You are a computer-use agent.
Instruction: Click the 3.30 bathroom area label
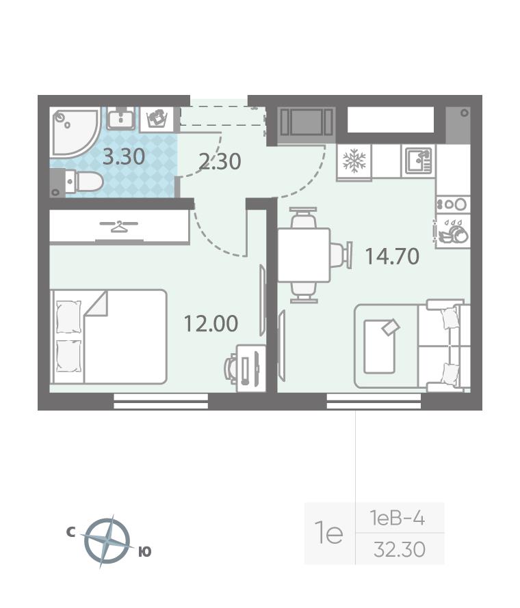click(x=124, y=157)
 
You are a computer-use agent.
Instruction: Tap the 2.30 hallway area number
click(x=220, y=162)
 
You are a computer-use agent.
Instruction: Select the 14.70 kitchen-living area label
click(x=392, y=256)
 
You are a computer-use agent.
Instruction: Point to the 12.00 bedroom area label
click(x=211, y=324)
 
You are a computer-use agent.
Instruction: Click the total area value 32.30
click(x=400, y=549)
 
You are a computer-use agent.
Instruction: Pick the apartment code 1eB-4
click(x=398, y=518)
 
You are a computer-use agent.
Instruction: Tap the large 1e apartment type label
click(x=329, y=533)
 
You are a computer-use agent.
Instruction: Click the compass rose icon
click(x=107, y=541)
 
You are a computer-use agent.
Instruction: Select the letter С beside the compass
click(x=70, y=532)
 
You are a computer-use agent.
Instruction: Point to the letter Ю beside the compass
click(x=145, y=551)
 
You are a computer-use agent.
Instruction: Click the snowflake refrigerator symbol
click(x=354, y=162)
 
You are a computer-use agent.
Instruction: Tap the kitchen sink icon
click(x=419, y=161)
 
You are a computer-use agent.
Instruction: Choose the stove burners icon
click(x=453, y=204)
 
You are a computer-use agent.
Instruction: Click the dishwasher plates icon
click(x=453, y=232)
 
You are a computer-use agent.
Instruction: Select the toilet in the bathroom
click(x=83, y=182)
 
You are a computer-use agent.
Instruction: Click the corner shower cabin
click(x=74, y=132)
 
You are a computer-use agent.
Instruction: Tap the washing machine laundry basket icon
click(x=157, y=119)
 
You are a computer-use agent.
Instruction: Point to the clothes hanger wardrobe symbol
click(x=119, y=225)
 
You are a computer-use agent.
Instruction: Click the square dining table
click(x=304, y=255)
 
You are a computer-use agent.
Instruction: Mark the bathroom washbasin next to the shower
click(x=121, y=119)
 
